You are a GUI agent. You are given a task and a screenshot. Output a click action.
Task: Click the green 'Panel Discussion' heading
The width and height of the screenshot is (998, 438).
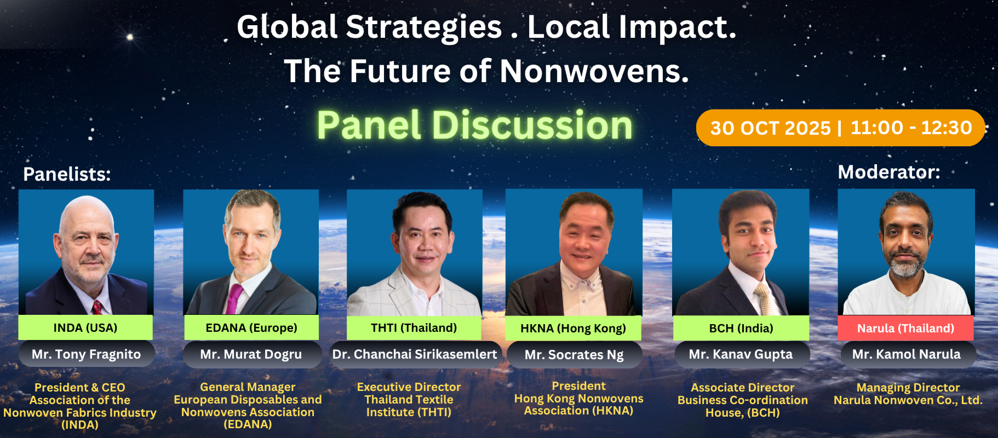pos(474,125)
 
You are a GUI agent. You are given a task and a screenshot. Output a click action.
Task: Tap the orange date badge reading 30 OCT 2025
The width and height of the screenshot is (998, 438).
pos(840,128)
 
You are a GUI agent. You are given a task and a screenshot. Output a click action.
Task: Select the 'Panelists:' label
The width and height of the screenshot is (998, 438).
pos(67,174)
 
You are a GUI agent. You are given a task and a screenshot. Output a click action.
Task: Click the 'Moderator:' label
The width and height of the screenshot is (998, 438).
pos(888,172)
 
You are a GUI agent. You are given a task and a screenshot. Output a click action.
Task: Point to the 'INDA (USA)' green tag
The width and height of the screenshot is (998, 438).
pos(85,327)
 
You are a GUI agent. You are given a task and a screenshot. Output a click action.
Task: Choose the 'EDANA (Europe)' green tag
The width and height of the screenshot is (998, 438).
pos(251,327)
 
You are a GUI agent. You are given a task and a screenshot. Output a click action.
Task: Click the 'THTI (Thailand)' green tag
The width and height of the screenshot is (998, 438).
pos(414,327)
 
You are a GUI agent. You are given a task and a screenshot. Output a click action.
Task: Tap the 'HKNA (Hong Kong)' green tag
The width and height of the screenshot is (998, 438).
pos(573,328)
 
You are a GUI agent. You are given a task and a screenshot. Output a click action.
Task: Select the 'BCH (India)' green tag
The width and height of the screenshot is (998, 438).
pos(741,328)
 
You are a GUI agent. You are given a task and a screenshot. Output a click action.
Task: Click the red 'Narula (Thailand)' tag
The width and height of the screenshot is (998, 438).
pos(905,328)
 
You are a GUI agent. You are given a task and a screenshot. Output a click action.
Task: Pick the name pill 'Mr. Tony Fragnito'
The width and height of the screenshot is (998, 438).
pos(87,354)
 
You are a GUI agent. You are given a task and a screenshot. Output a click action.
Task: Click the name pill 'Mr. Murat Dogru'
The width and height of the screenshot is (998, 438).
pos(251,354)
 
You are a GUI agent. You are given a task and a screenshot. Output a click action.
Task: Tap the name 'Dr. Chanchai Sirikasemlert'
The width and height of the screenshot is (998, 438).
pos(415,354)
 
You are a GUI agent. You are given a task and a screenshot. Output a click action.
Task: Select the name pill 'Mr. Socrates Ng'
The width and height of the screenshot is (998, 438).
pos(574,355)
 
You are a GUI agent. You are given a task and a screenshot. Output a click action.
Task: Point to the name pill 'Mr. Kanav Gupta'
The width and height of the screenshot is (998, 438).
pos(741,354)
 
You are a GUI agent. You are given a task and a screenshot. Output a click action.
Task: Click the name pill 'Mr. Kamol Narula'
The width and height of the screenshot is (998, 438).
pos(907,354)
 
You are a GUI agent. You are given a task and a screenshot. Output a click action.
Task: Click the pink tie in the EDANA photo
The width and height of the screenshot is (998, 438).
pos(234,299)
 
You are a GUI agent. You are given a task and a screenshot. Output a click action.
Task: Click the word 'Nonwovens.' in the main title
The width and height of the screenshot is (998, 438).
pos(594,71)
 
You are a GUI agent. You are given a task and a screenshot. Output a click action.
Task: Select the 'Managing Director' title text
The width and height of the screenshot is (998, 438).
pos(908,388)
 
